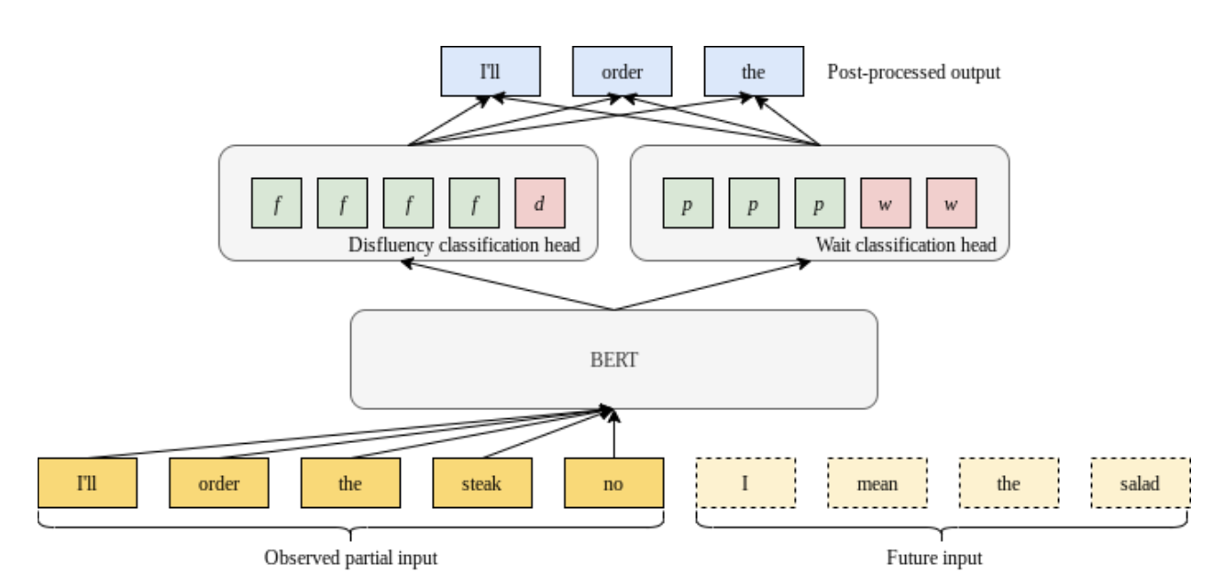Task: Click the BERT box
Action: (613, 359)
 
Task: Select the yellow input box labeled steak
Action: (481, 482)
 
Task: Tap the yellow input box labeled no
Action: (613, 482)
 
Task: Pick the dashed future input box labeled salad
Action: (1141, 482)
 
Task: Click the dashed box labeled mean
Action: (877, 482)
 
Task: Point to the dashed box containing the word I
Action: (745, 482)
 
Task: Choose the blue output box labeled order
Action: (622, 72)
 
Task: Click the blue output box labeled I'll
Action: (491, 72)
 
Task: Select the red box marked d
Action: (539, 204)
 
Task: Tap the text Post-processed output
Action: (913, 72)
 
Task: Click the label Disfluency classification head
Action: (464, 246)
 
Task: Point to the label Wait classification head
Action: (905, 246)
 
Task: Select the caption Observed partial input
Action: (350, 558)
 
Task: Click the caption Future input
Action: (934, 558)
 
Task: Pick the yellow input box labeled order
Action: (218, 482)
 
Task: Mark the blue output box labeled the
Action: (753, 72)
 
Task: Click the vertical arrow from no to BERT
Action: (613, 436)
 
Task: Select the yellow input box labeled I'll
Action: (87, 482)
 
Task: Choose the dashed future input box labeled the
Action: (1009, 482)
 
